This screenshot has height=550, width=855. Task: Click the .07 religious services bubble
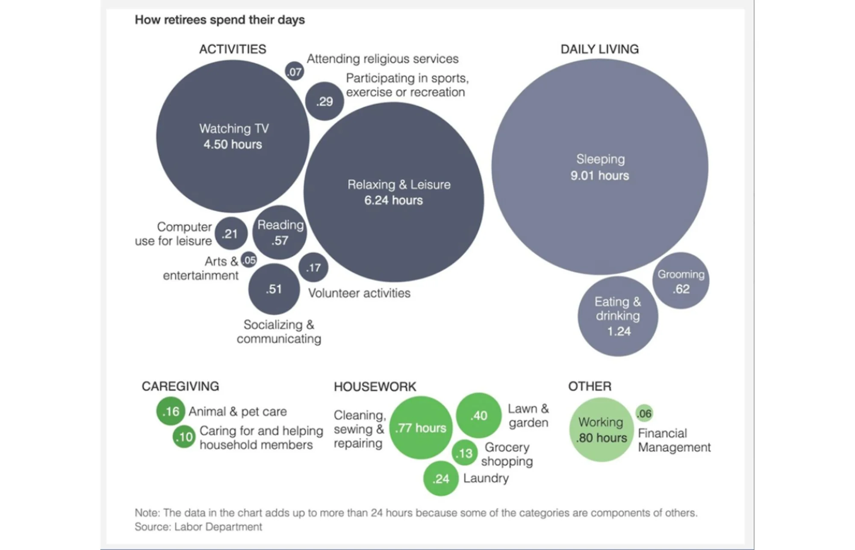pos(295,71)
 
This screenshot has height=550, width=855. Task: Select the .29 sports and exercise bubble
pos(324,101)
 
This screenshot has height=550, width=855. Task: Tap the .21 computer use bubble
pos(231,233)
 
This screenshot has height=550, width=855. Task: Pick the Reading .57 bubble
pos(280,233)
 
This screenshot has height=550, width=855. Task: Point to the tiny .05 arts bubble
pos(249,260)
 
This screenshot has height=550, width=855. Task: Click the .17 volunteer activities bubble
pos(313,268)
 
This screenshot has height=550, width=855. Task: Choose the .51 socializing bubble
pos(274,289)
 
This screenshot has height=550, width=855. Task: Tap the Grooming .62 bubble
pos(681,281)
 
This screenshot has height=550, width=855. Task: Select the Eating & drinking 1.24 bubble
pos(618,316)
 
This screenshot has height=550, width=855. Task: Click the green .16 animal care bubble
pos(171,411)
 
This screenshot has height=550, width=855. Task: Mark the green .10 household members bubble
pos(184,437)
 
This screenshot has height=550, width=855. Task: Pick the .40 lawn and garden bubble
pos(479,415)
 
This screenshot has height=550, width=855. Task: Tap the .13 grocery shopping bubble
pos(465,453)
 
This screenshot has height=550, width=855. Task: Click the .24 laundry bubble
pos(441,479)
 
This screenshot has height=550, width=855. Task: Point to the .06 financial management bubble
pos(644,413)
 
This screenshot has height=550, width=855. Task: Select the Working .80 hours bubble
pos(601,429)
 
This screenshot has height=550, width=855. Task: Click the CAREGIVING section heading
pos(180,386)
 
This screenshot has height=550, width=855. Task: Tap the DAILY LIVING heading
pos(599,49)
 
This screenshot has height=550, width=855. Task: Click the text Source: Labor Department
pos(198,527)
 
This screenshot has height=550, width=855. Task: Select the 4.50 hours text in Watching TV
pos(233,144)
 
